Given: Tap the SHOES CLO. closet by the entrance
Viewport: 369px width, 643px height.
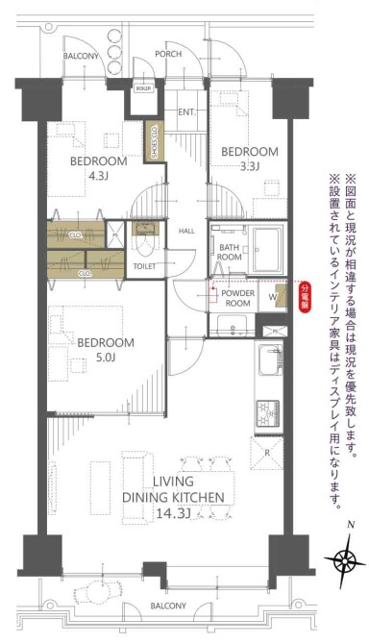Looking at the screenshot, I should (x=152, y=141).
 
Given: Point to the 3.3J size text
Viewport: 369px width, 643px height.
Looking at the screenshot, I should (x=251, y=167).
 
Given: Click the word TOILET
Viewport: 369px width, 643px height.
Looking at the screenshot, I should (x=144, y=265).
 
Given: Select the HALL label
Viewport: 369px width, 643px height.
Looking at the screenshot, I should (x=187, y=231).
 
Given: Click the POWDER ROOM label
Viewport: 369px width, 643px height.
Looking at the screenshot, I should (x=236, y=297).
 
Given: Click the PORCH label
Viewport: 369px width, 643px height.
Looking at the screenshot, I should (x=167, y=55).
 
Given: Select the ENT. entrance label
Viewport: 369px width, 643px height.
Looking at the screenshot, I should (x=186, y=111).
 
